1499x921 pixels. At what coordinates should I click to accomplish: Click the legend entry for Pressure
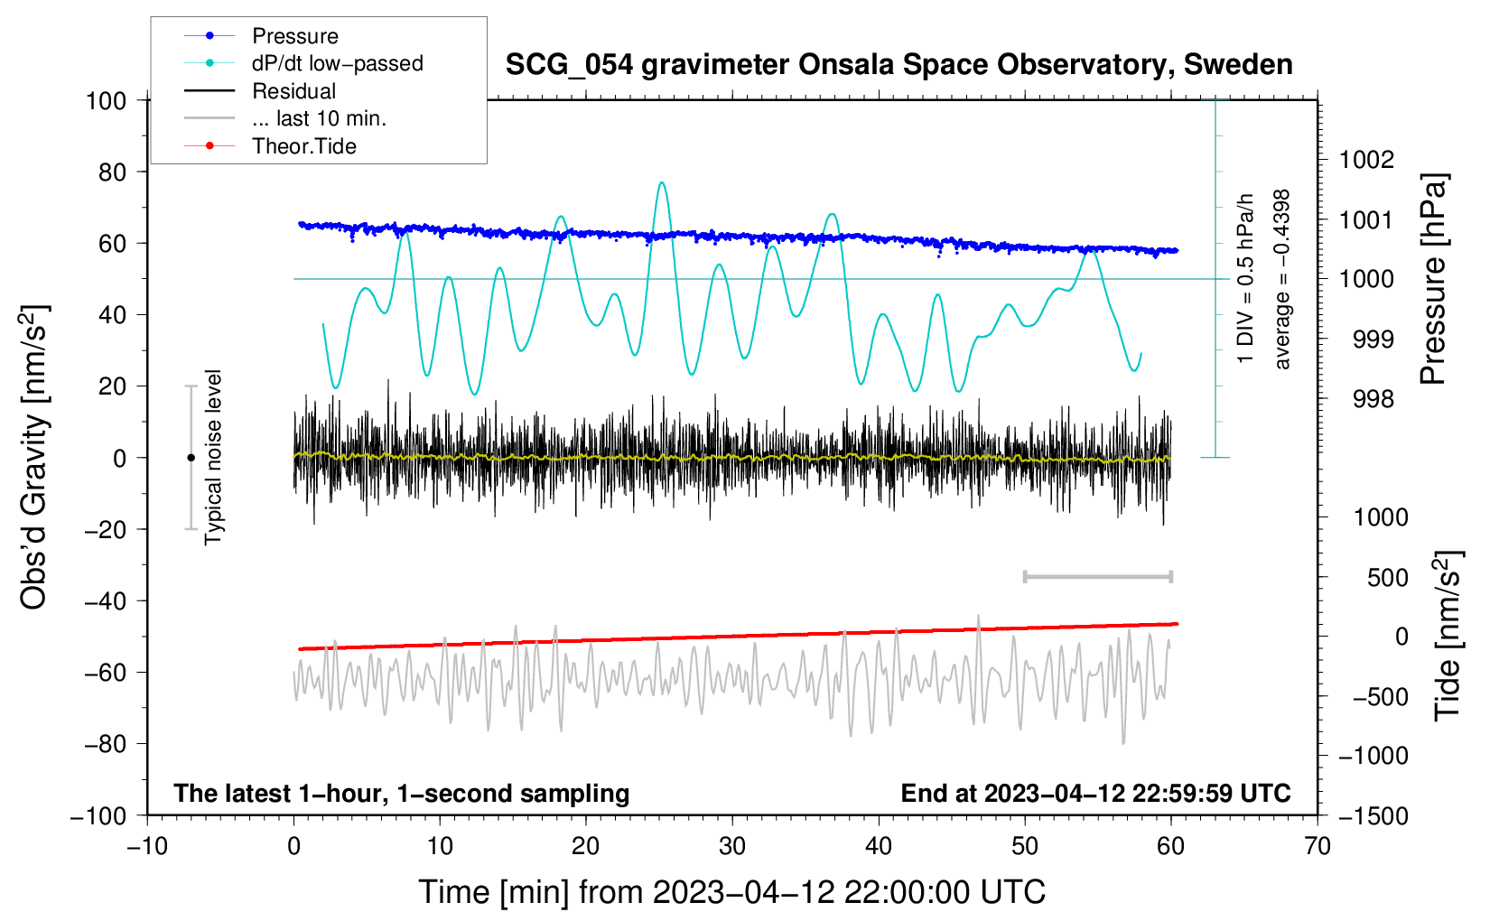pyautogui.click(x=262, y=35)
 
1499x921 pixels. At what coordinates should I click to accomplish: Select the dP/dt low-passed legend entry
pyautogui.click(x=303, y=63)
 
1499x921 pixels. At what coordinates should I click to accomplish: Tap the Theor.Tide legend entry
pyautogui.click(x=270, y=146)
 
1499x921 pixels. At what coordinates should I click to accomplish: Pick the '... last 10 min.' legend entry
pyautogui.click(x=285, y=118)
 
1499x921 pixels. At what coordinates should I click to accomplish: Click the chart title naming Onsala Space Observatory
pyautogui.click(x=898, y=65)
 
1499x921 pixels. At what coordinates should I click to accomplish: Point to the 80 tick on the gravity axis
pyautogui.click(x=112, y=172)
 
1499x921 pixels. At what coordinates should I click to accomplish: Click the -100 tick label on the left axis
pyautogui.click(x=98, y=816)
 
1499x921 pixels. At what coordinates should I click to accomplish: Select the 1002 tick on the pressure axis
pyautogui.click(x=1366, y=160)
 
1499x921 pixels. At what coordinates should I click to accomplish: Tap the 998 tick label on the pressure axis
pyautogui.click(x=1373, y=399)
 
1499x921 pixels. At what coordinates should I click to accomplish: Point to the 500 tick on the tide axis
pyautogui.click(x=1387, y=578)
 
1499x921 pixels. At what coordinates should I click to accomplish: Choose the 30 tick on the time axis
pyautogui.click(x=732, y=847)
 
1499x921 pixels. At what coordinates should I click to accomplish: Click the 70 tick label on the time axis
pyautogui.click(x=1317, y=847)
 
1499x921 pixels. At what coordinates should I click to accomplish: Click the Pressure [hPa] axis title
pyautogui.click(x=1433, y=279)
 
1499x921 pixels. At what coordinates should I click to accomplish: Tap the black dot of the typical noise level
pyautogui.click(x=191, y=458)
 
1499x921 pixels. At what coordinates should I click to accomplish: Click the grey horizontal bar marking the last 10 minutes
pyautogui.click(x=1097, y=577)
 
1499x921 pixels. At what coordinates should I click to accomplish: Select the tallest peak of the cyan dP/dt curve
pyautogui.click(x=661, y=182)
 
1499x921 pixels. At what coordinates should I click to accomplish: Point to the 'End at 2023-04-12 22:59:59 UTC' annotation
pyautogui.click(x=1095, y=793)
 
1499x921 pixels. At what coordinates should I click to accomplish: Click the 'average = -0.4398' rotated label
pyautogui.click(x=1281, y=279)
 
